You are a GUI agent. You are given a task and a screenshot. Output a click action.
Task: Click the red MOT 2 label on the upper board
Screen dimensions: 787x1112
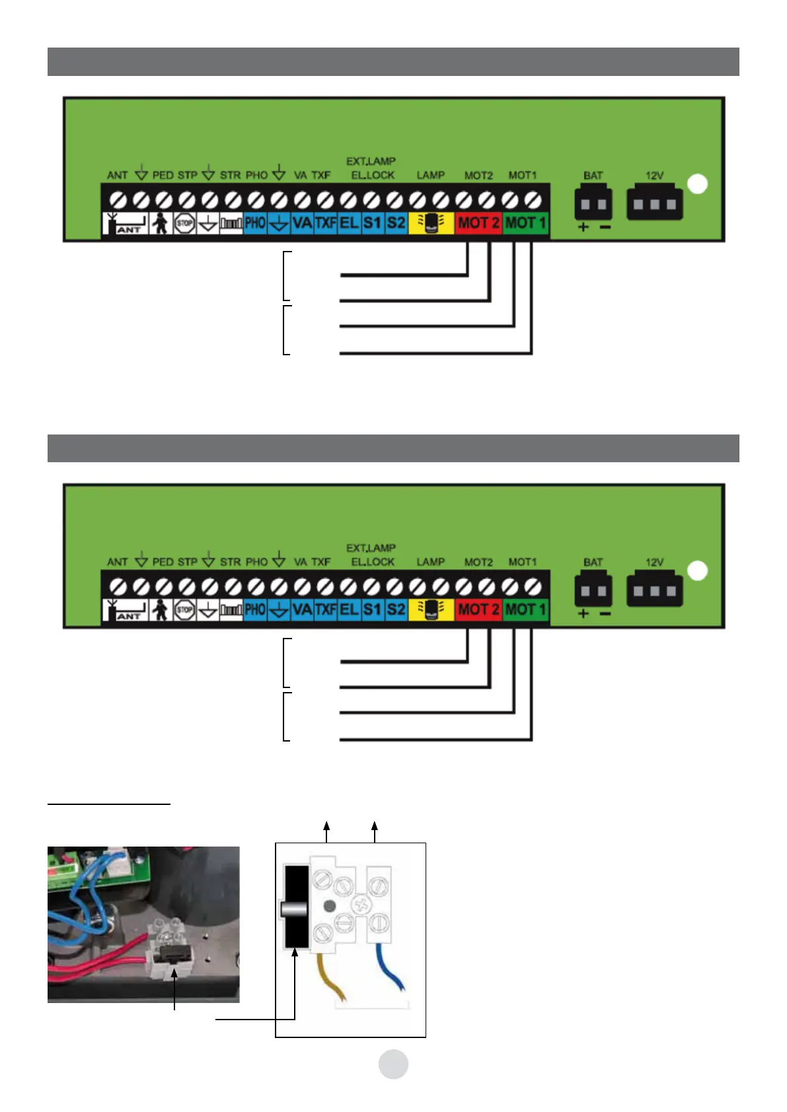tap(478, 223)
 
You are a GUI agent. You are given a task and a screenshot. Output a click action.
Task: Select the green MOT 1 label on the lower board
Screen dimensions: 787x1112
tap(525, 609)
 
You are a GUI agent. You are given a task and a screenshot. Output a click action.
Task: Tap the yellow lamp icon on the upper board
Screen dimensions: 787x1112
tap(431, 223)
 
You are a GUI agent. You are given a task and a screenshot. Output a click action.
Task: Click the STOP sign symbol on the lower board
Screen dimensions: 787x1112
tap(184, 609)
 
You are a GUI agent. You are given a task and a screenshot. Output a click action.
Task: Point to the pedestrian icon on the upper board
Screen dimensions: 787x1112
tap(159, 223)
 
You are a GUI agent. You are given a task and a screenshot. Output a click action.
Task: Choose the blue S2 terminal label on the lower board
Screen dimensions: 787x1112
tap(396, 609)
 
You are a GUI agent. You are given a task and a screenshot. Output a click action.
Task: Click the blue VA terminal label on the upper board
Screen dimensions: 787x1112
tap(302, 223)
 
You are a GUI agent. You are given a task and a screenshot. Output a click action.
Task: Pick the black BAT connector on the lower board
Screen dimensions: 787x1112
tap(593, 591)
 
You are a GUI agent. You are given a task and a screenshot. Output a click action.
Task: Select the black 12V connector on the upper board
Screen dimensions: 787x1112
tap(654, 204)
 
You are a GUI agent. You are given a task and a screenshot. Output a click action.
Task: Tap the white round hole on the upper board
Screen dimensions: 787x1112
tap(698, 184)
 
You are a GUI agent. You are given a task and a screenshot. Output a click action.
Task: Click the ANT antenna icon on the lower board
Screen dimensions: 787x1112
tap(126, 610)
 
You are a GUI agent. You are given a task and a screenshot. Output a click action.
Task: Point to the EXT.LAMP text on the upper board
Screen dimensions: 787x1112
tap(371, 161)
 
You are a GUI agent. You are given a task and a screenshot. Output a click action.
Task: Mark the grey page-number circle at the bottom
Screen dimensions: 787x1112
tap(393, 1064)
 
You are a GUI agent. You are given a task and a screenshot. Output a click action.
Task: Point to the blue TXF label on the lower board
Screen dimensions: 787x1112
tap(325, 609)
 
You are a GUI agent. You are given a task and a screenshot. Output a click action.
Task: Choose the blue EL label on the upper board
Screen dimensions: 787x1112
tap(348, 223)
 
